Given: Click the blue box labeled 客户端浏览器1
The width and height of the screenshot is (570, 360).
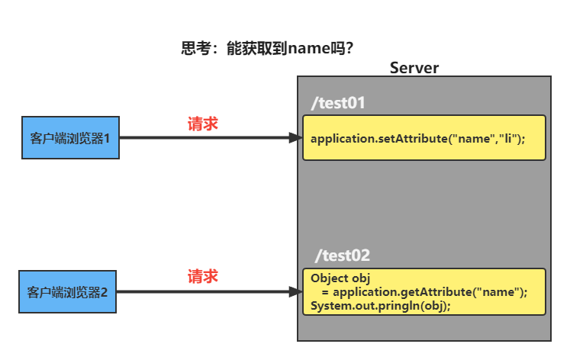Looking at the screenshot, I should coord(71,138).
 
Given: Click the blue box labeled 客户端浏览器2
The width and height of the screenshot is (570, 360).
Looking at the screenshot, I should coord(68,291).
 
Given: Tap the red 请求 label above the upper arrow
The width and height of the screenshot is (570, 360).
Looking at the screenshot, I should coord(203,124).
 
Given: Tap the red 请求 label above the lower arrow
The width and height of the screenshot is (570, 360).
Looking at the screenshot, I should coord(203,276).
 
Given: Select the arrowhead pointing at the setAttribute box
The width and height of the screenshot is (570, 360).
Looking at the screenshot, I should coord(295,138).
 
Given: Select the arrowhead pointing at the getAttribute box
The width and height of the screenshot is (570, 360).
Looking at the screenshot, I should coord(295,291).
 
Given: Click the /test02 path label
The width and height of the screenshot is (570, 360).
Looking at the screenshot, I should coord(343,256).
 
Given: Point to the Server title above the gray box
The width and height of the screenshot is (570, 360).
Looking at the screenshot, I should coord(414,67).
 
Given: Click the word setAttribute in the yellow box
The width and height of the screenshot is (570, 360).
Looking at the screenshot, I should coord(411,139).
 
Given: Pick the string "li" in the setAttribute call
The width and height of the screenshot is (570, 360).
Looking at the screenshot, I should coord(507,139).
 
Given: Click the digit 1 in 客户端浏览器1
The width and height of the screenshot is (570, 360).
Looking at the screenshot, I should coord(108,139).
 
